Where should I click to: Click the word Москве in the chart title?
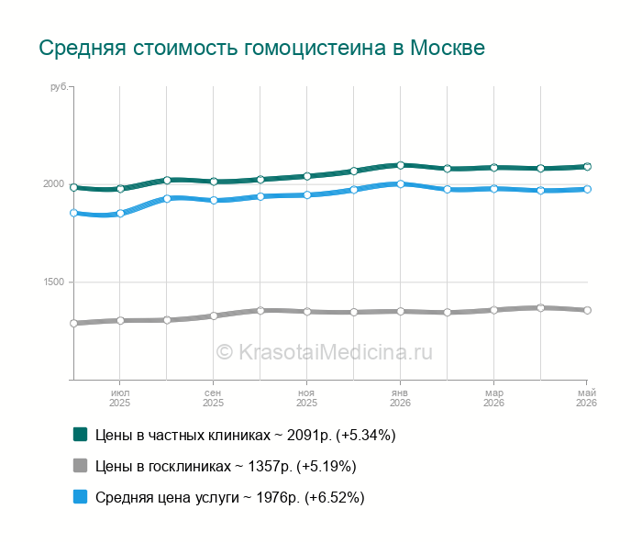tap(448, 48)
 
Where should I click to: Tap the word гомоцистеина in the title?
tap(315, 49)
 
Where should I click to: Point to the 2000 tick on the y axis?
tap(54, 183)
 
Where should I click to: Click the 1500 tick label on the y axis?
tap(54, 282)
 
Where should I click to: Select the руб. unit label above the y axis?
tap(59, 87)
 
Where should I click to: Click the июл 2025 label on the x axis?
tap(119, 398)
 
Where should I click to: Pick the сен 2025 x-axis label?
tap(213, 398)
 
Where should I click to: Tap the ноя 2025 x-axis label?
tap(306, 398)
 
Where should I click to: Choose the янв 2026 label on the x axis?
tap(400, 398)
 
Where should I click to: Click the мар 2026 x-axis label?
tap(493, 398)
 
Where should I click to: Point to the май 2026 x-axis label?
tap(586, 398)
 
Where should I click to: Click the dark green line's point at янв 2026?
tap(401, 165)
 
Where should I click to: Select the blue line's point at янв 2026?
tap(401, 184)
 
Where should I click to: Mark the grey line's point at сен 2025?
tap(214, 315)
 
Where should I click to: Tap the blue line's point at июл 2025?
tap(120, 214)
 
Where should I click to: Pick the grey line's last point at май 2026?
tap(587, 310)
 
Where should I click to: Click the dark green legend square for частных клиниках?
tap(81, 435)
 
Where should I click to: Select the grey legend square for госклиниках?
tap(81, 466)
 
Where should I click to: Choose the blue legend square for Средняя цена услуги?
tap(81, 496)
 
